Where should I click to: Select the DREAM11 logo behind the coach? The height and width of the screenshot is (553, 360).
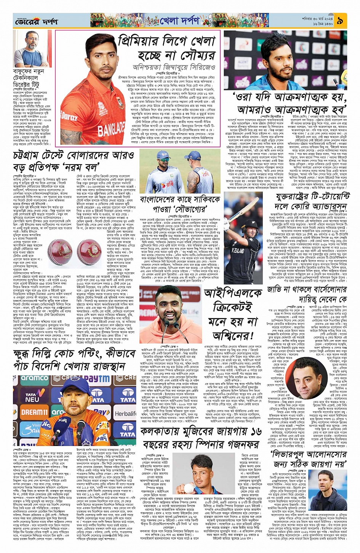[34, 412]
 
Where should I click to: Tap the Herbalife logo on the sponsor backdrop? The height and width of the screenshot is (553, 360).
[125, 414]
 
